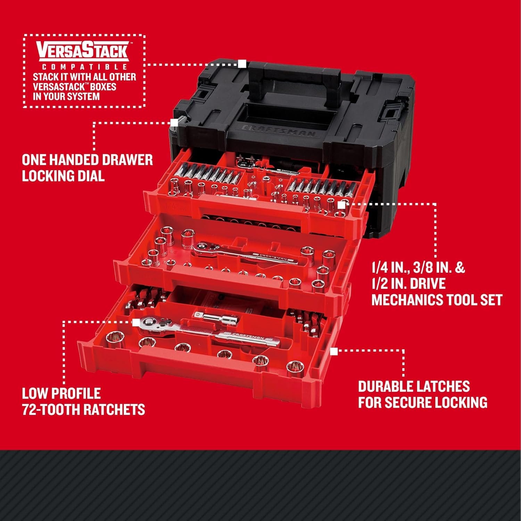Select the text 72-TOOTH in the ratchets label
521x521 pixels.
(48, 410)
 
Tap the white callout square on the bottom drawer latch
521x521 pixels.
(334, 352)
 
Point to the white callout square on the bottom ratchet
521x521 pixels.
(136, 322)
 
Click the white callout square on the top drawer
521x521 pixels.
(341, 205)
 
